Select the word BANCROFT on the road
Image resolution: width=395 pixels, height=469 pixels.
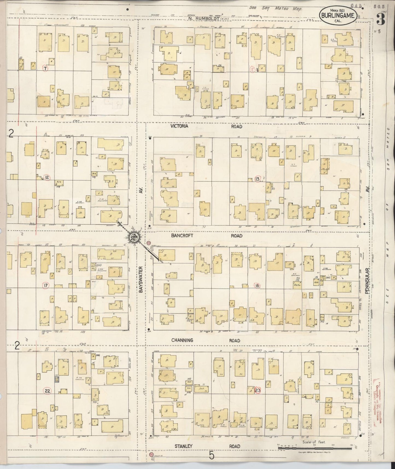[x=182, y=235]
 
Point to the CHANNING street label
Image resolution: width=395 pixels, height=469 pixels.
[x=182, y=340]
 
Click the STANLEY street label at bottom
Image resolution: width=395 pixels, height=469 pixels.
[x=183, y=446]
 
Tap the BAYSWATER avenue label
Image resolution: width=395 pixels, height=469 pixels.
[x=141, y=279]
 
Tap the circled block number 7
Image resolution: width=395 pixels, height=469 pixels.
[x=45, y=68]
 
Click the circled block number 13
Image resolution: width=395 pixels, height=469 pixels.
[x=257, y=179]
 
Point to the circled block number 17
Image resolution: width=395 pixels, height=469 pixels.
[x=46, y=285]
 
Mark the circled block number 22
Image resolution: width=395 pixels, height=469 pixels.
[x=47, y=391]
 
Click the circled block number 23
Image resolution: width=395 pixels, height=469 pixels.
[x=258, y=390]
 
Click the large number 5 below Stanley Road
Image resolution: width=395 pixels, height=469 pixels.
[x=211, y=456]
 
